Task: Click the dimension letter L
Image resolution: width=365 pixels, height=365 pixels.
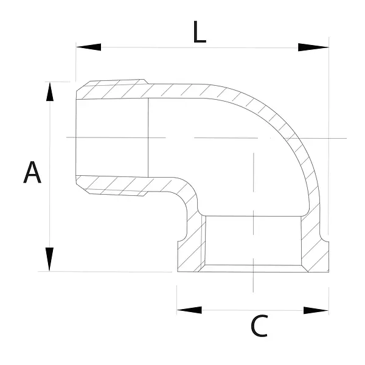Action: (200, 32)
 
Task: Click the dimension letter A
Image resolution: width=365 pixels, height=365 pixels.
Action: (32, 172)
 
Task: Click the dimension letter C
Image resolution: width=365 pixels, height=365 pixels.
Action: (259, 325)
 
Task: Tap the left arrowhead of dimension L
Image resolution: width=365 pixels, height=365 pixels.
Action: (88, 47)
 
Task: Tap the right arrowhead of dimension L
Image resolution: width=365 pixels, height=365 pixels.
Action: (313, 47)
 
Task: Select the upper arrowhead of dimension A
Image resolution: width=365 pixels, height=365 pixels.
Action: (50, 92)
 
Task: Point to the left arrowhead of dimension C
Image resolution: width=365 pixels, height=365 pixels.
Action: (189, 310)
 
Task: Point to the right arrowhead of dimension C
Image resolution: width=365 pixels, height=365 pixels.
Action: (316, 310)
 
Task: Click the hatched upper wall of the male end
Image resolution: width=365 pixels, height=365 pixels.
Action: (112, 90)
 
